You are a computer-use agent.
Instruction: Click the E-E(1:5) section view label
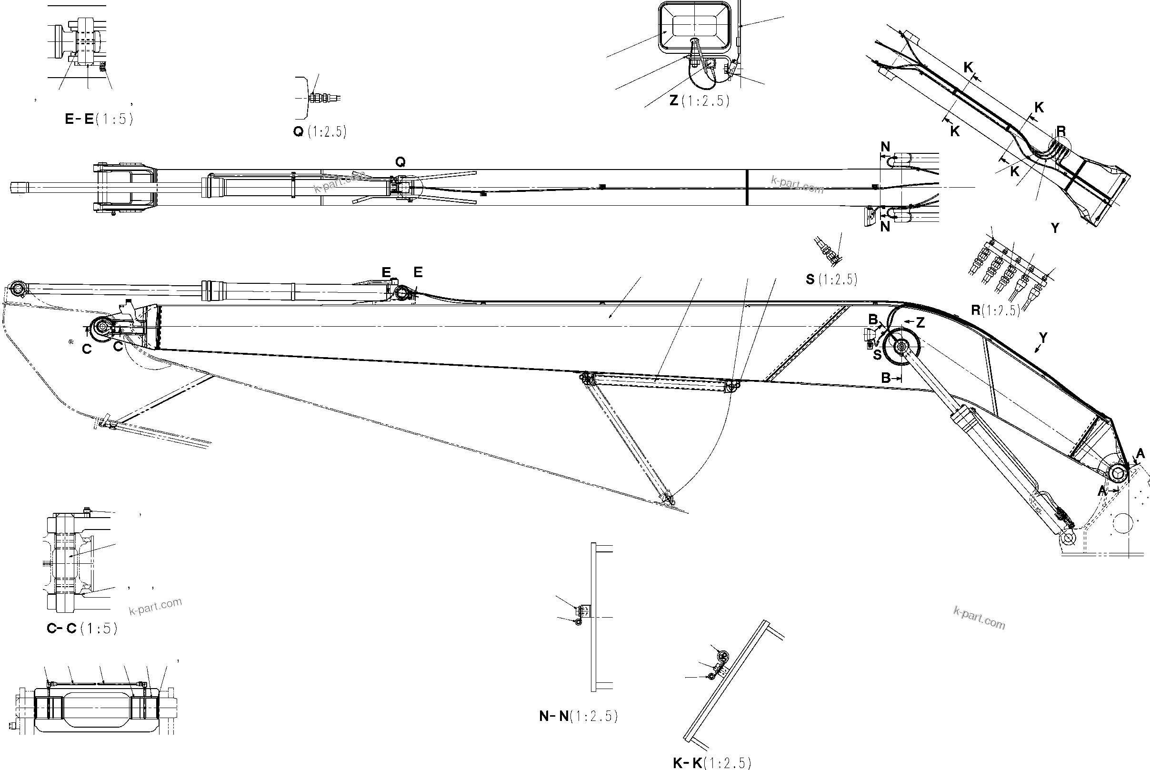pos(99,119)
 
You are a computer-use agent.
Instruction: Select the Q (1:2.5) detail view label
pos(320,131)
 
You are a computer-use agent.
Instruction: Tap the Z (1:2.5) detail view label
pos(699,100)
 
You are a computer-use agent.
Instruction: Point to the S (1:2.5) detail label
pos(831,280)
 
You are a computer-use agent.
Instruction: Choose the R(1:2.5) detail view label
pos(995,310)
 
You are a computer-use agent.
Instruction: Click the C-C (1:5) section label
pos(82,629)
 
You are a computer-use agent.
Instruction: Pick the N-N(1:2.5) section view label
pos(578,717)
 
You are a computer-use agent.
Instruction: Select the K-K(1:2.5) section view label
pos(711,763)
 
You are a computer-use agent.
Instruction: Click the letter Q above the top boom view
pos(400,161)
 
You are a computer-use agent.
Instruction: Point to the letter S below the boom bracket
pos(877,355)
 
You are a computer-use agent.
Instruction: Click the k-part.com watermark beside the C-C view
pos(155,606)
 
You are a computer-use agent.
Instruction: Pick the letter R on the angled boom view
pos(1060,131)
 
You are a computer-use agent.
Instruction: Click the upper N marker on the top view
pos(885,147)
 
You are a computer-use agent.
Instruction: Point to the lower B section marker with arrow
pos(888,378)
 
